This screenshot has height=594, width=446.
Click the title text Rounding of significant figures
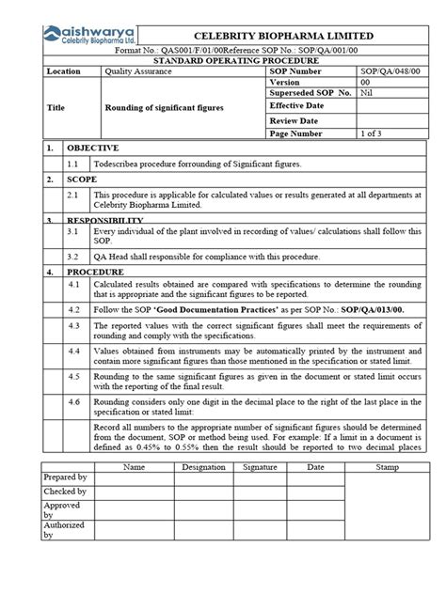pos(164,108)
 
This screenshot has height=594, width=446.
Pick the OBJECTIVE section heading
pos(91,148)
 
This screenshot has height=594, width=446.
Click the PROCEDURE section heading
pos(94,271)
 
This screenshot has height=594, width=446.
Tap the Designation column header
pos(203,465)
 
